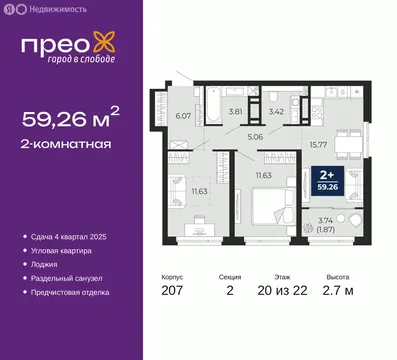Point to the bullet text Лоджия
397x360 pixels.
pos(44,265)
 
